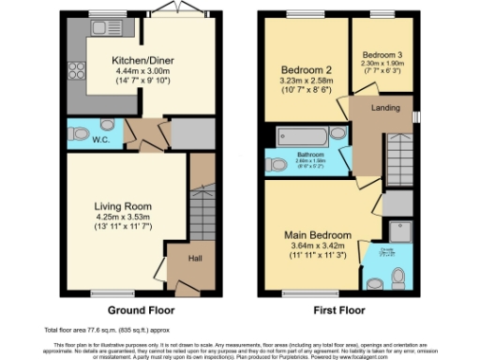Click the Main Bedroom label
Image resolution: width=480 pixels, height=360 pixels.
pyautogui.click(x=321, y=234)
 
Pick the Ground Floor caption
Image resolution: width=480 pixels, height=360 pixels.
pyautogui.click(x=140, y=309)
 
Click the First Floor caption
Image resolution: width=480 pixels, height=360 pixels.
pyautogui.click(x=337, y=309)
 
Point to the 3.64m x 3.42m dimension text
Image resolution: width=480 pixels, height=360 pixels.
pyautogui.click(x=321, y=246)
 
